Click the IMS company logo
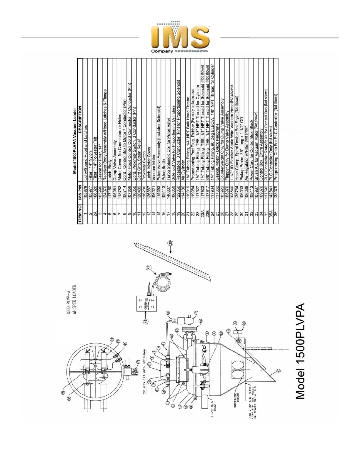coord(180,39)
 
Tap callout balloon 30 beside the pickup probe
coord(171,243)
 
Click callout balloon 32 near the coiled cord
coord(149,267)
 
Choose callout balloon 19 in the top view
coord(138,362)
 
